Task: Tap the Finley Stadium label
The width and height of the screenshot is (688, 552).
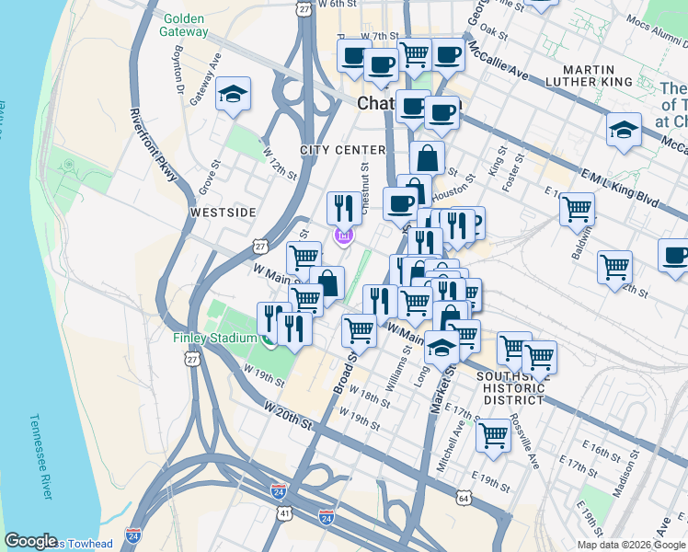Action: click(215, 338)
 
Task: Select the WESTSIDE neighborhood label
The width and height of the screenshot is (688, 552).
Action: click(222, 213)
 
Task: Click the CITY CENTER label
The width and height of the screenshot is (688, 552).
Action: click(342, 150)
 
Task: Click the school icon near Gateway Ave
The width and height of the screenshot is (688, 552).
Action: click(234, 94)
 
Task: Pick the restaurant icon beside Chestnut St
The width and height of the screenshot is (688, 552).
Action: click(344, 207)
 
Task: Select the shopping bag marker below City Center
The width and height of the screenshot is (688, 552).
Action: click(427, 157)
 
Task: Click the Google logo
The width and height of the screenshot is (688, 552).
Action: click(30, 541)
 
